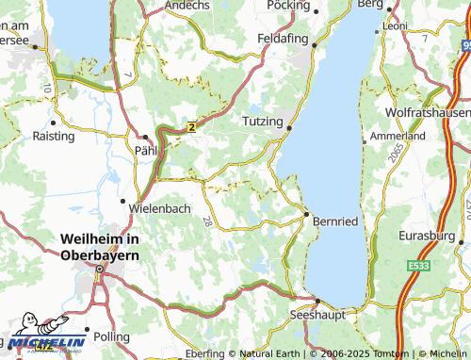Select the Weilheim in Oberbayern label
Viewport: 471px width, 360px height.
coord(99,247)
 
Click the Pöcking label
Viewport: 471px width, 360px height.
coord(288,5)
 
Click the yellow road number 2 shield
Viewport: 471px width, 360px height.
coord(190,125)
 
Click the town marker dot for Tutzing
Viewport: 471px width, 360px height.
coord(290,129)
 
